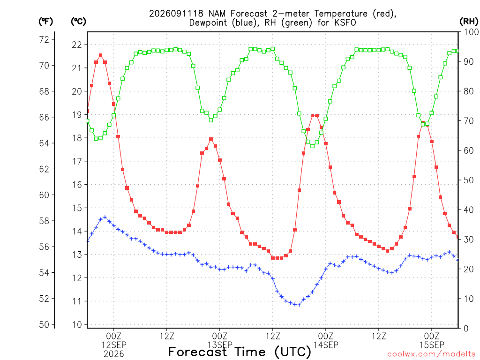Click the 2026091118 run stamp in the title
(x=176, y=14)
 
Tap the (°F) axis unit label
(x=46, y=22)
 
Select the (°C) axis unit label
(x=79, y=22)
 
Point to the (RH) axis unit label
(x=469, y=22)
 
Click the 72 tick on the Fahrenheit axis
(x=44, y=39)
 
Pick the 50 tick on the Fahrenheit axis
(x=44, y=324)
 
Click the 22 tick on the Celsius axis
(x=77, y=45)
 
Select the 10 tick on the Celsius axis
(x=77, y=324)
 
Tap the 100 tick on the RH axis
(x=471, y=32)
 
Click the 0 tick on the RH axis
(x=466, y=329)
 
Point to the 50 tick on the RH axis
(x=469, y=180)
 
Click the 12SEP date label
(x=114, y=345)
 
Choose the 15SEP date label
(x=432, y=345)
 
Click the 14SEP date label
(x=326, y=345)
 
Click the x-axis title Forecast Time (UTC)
(x=240, y=352)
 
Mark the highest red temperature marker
(x=100, y=55)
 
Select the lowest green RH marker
(x=313, y=146)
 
